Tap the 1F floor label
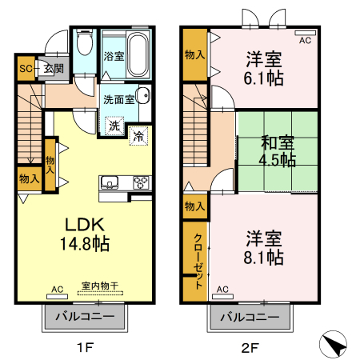point(86,347)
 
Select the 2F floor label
point(250,347)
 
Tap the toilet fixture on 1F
point(86,44)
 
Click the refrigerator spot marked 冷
point(138,137)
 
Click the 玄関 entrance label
point(54,70)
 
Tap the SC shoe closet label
point(26,70)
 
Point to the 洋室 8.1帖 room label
point(263,247)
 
